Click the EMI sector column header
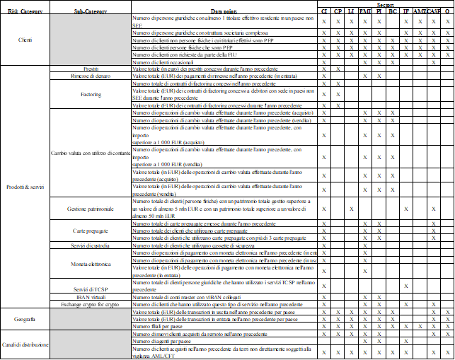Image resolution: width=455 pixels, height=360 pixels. pyautogui.click(x=365, y=12)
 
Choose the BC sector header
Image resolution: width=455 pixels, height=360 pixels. pyautogui.click(x=392, y=12)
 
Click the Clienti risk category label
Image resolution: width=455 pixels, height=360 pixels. pyautogui.click(x=25, y=40)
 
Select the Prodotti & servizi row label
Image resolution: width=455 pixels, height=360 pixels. pyautogui.click(x=25, y=187)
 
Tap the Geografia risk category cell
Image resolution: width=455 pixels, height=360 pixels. pyautogui.click(x=25, y=319)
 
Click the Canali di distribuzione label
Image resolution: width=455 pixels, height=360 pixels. pyautogui.click(x=25, y=344)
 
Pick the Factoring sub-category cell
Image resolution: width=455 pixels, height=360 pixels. pyautogui.click(x=90, y=94)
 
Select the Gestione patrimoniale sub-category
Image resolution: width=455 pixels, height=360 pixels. pyautogui.click(x=90, y=209)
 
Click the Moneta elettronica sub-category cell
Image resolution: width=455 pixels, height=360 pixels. pyautogui.click(x=90, y=263)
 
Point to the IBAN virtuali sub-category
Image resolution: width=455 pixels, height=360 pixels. pyautogui.click(x=90, y=297)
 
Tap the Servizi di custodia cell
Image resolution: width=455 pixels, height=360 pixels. pyautogui.click(x=90, y=245)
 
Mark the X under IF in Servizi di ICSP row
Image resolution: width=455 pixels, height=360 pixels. pyautogui.click(x=405, y=286)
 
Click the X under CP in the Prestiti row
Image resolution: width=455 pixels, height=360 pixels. pyautogui.click(x=338, y=69)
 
